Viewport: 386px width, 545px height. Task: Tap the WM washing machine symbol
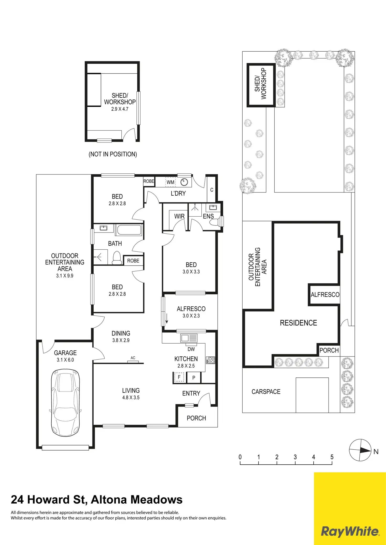(170, 182)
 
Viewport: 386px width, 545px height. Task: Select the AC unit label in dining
(133, 358)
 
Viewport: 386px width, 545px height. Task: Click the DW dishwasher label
(191, 349)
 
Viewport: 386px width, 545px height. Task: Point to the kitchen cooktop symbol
(211, 360)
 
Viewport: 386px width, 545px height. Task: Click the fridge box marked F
(179, 377)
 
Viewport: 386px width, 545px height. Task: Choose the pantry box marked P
(194, 378)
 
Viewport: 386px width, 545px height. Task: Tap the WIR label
(179, 216)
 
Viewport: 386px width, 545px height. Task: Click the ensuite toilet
(214, 222)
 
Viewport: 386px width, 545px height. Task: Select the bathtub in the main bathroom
(129, 230)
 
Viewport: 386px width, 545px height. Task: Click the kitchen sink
(189, 338)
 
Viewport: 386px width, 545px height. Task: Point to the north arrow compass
(360, 450)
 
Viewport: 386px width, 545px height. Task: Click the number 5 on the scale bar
(332, 457)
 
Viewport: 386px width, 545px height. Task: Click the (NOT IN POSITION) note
(113, 154)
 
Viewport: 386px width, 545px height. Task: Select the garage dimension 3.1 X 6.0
(65, 360)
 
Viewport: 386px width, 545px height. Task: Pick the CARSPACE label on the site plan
(266, 392)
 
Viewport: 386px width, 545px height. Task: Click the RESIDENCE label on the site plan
(298, 323)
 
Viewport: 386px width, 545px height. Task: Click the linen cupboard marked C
(212, 190)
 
